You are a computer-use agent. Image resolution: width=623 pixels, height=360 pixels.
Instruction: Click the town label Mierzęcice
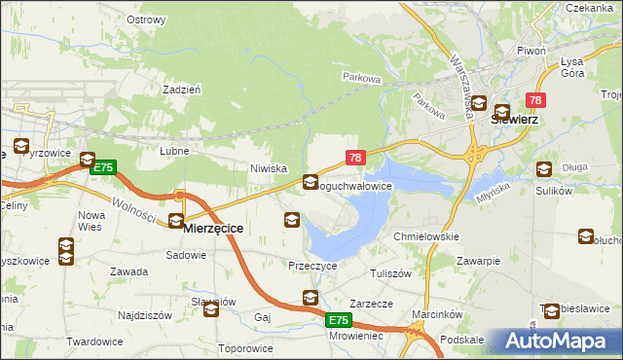(x=213, y=227)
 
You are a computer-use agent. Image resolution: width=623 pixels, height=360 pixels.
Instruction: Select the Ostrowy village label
(x=146, y=19)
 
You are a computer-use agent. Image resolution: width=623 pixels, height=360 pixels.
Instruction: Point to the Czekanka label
(x=588, y=7)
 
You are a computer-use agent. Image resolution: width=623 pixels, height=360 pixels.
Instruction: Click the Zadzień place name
(x=182, y=89)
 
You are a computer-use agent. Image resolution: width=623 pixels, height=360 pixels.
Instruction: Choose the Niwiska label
(x=269, y=168)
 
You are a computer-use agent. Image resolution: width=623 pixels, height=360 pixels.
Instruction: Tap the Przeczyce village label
(x=311, y=265)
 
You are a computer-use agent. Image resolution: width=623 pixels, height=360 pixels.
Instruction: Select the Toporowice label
(x=246, y=348)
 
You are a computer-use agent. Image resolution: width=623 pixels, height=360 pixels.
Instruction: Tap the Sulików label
(x=552, y=191)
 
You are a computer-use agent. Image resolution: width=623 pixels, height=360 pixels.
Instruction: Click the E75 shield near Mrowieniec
(x=337, y=320)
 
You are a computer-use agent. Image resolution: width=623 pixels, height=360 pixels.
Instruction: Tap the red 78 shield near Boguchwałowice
(x=355, y=158)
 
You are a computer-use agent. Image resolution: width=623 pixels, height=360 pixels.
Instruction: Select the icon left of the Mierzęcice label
(x=176, y=221)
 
